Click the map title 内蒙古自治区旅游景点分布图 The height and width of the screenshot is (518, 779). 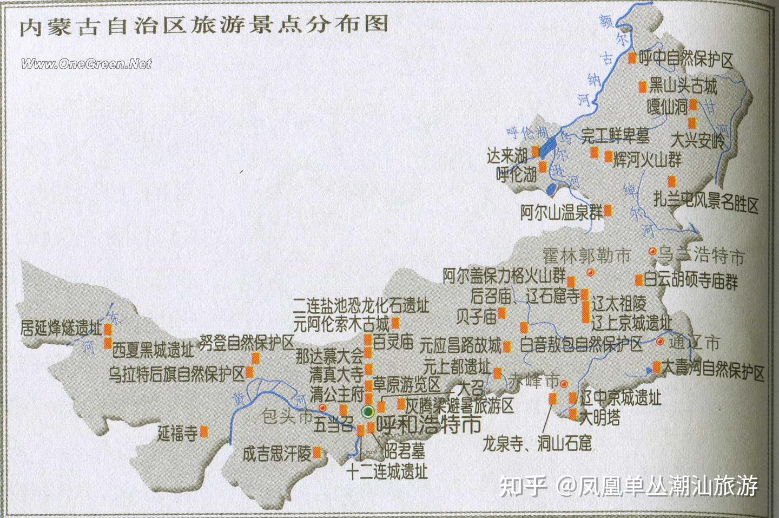point(204,25)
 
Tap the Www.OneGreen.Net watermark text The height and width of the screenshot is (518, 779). point(87,64)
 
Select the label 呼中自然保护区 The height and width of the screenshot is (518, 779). point(686,59)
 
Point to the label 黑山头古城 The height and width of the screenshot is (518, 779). point(683,86)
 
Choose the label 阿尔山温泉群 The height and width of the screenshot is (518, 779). point(561,212)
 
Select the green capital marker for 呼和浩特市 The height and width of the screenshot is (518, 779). point(368,412)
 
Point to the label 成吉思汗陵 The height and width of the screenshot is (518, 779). point(276,453)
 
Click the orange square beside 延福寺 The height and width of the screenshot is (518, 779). point(204,431)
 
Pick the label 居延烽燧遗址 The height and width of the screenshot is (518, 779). point(61,328)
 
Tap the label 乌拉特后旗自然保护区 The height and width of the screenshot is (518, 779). point(177,373)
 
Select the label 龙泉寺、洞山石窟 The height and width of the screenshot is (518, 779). point(538,444)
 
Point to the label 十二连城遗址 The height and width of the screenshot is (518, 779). point(387,471)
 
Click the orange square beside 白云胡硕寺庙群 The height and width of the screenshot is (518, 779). point(639,280)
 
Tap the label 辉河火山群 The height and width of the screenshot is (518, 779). point(647,159)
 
